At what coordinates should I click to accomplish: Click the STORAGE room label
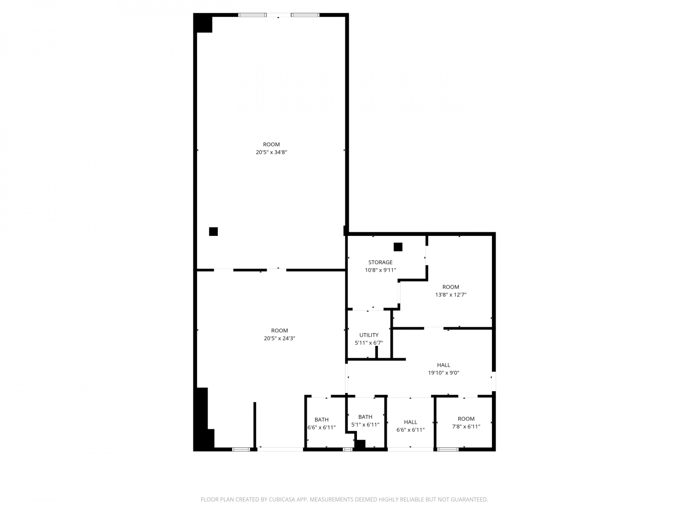[380, 262]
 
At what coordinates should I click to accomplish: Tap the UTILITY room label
[369, 335]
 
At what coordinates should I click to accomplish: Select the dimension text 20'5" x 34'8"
[271, 152]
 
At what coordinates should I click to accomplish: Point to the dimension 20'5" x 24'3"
[279, 338]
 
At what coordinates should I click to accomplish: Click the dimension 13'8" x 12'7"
[450, 295]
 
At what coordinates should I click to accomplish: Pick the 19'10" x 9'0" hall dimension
[444, 373]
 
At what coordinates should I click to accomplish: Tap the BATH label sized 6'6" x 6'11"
[322, 420]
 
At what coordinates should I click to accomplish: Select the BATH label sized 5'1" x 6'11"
[365, 417]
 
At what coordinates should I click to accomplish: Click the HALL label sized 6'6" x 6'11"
[410, 422]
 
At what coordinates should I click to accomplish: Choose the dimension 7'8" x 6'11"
[466, 427]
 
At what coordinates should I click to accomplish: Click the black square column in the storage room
[398, 247]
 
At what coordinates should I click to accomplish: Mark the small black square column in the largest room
[213, 232]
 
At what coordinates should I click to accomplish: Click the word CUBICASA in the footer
[281, 499]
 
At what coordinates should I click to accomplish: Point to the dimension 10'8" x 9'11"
[380, 270]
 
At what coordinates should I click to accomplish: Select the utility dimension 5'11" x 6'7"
[369, 343]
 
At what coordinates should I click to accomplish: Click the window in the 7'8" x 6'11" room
[448, 450]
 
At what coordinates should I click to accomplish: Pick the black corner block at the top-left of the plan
[203, 22]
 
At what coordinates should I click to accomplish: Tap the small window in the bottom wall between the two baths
[347, 450]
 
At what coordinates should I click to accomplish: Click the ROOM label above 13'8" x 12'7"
[450, 287]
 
